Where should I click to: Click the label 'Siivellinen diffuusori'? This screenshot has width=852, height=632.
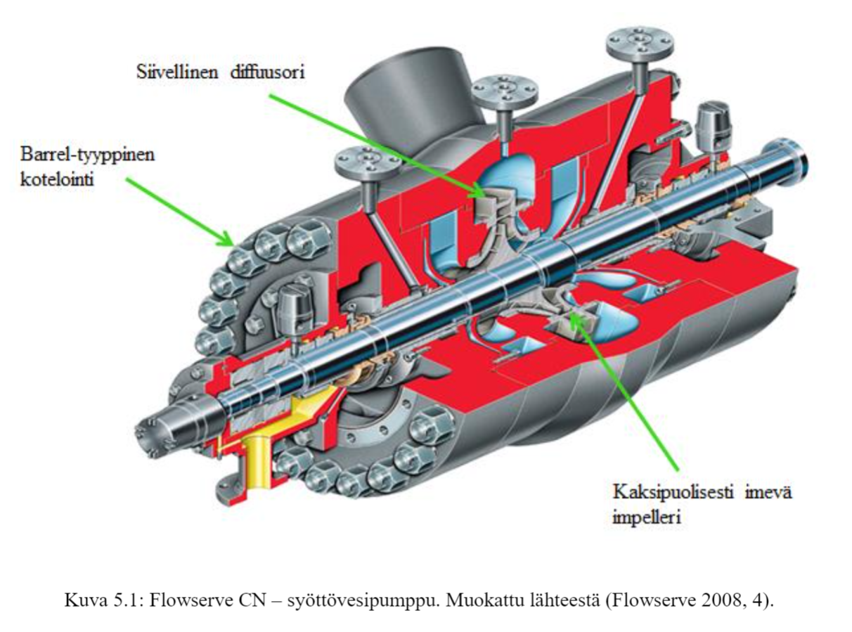pos(219,72)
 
